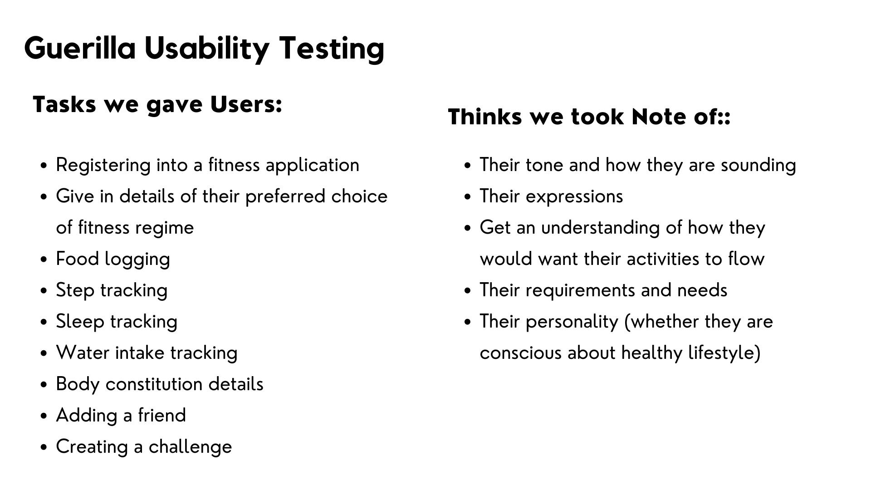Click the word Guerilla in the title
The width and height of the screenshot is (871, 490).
click(80, 48)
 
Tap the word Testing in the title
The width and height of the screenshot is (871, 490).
click(332, 49)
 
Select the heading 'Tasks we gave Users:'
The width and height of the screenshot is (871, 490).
click(157, 105)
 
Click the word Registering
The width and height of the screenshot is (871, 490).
click(103, 166)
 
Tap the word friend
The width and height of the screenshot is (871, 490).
click(162, 415)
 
